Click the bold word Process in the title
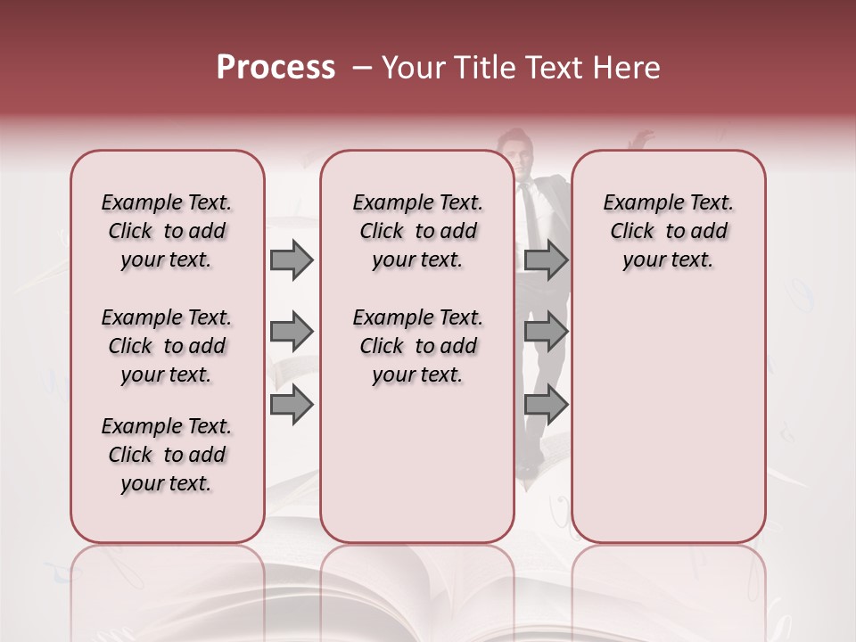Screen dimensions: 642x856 276,68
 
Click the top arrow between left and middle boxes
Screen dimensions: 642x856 292,260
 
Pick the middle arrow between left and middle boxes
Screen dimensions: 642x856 292,333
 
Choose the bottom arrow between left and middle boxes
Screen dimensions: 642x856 292,406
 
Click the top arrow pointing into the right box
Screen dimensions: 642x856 546,260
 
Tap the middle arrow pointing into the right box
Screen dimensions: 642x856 546,333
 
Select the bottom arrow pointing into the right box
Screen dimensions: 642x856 546,406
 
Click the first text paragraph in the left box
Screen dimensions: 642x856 167,231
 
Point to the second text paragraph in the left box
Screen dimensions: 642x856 167,346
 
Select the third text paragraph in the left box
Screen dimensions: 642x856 167,455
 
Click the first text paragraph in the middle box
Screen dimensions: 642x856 417,231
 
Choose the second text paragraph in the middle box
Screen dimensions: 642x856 417,346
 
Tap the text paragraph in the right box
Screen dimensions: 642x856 668,231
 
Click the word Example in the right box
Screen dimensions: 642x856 636,203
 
